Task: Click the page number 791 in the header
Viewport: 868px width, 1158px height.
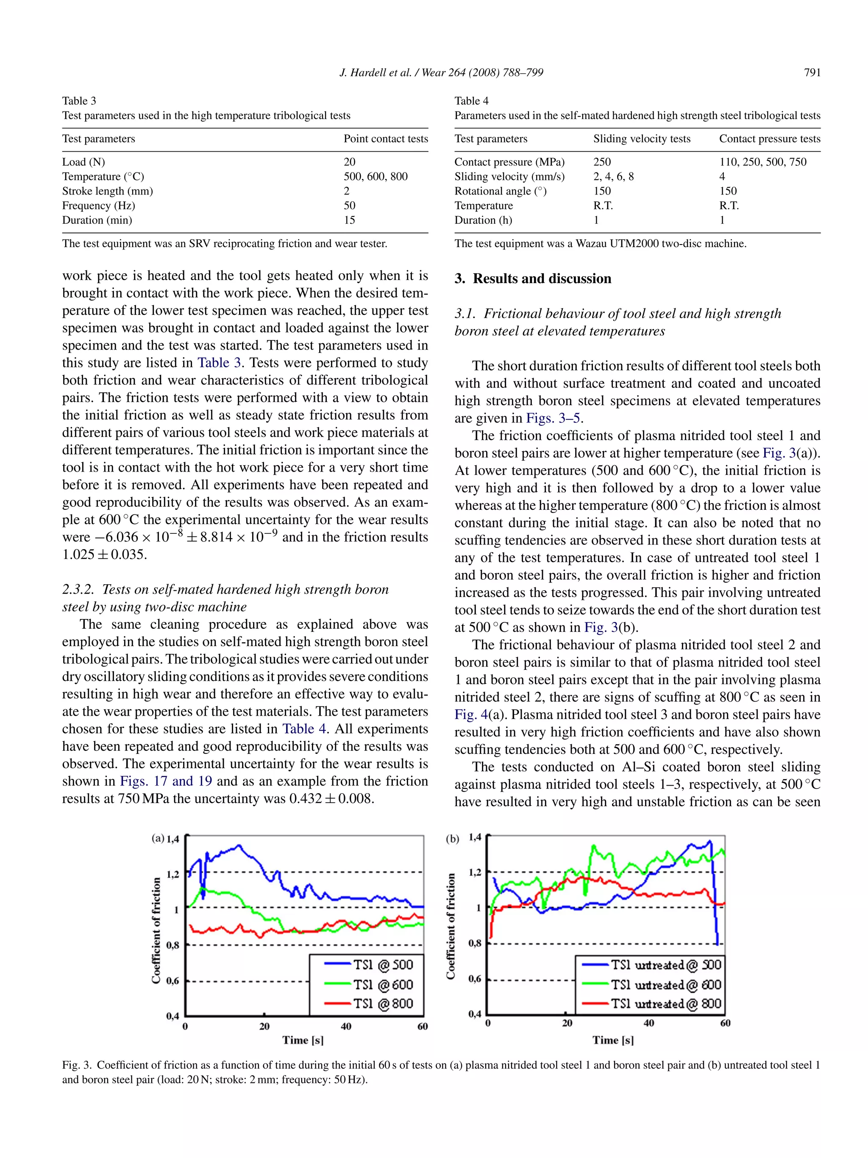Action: pyautogui.click(x=812, y=73)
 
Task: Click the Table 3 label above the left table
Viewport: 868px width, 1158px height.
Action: pyautogui.click(x=79, y=100)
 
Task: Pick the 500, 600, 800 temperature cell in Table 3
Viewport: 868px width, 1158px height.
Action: pyautogui.click(x=376, y=176)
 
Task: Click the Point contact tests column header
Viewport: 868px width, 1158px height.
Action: pyautogui.click(x=385, y=139)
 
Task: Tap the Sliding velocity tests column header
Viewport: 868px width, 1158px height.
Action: pyautogui.click(x=641, y=139)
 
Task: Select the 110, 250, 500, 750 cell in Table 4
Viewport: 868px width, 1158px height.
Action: pyautogui.click(x=762, y=162)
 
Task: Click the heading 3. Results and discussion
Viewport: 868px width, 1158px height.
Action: pyautogui.click(x=532, y=278)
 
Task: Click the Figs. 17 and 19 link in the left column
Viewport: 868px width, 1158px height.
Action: pyautogui.click(x=166, y=781)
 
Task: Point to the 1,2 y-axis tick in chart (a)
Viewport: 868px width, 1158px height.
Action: pyautogui.click(x=173, y=874)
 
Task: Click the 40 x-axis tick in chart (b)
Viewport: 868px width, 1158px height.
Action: pyautogui.click(x=648, y=1023)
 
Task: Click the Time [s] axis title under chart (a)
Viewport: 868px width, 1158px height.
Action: pyautogui.click(x=303, y=1040)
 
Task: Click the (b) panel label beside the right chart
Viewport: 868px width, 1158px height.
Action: pyautogui.click(x=452, y=839)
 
